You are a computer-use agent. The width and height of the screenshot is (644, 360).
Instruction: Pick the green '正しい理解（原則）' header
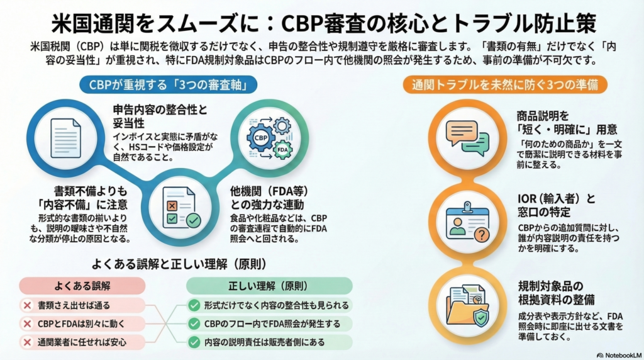pos(269,286)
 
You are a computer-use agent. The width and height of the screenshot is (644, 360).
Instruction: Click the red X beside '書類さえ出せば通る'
pos(27,306)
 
